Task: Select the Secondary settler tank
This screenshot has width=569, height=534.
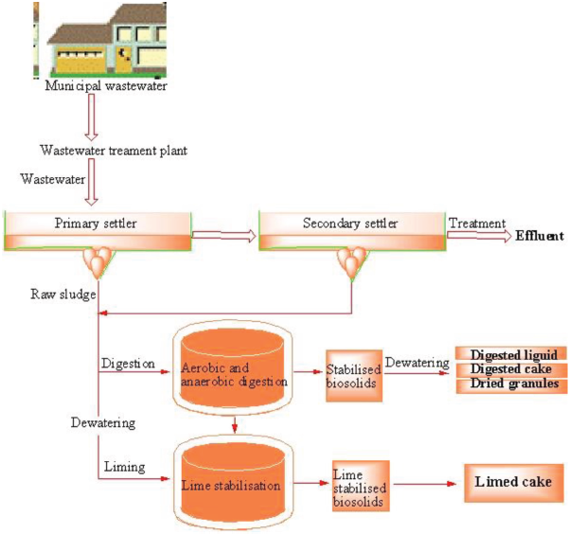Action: pos(350,231)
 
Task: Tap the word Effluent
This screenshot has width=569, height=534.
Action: pos(539,237)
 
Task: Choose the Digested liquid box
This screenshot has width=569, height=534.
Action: pos(511,353)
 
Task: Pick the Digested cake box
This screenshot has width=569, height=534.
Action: pos(511,368)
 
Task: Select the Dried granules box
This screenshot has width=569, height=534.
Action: pos(511,384)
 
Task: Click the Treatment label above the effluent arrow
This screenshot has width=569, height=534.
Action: pos(476,223)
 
